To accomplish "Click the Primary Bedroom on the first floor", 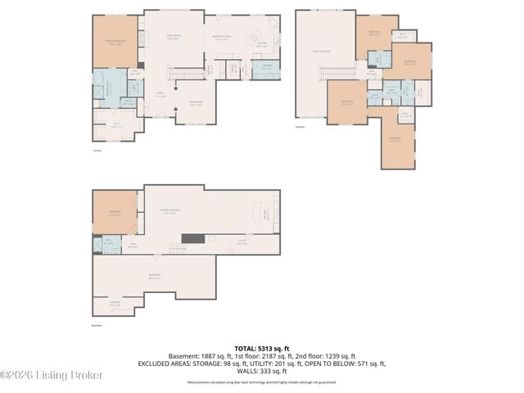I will click(115, 43).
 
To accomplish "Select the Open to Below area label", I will click(325, 52).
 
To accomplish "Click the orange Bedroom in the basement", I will click(114, 212).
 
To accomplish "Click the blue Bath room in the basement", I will click(107, 243).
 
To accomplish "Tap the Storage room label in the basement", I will click(114, 303).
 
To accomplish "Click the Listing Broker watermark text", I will click(52, 376).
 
